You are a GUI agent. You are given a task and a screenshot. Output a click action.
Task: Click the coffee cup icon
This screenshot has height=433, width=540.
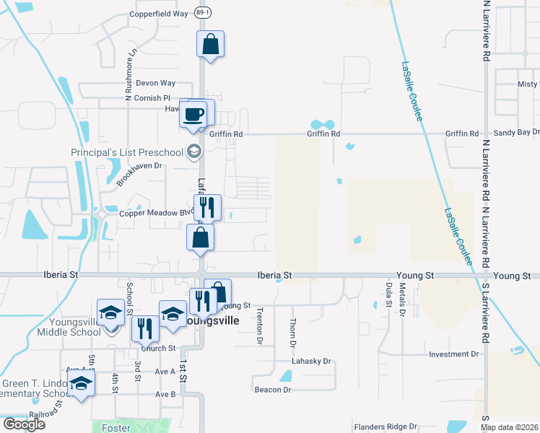tap(193, 115)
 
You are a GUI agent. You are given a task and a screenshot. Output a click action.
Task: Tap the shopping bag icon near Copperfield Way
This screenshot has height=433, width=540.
tap(210, 45)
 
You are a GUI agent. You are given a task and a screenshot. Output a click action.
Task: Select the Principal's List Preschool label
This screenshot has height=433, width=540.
tap(127, 152)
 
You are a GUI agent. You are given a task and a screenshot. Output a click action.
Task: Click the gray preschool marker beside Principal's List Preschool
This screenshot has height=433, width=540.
tap(193, 152)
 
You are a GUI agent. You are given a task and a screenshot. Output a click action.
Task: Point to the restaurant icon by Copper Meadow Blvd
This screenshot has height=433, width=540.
tap(207, 208)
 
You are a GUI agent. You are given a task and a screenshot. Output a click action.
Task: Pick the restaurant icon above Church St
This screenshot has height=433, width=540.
tap(145, 329)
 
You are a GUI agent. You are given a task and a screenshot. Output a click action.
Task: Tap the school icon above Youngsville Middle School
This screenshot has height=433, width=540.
tap(111, 312)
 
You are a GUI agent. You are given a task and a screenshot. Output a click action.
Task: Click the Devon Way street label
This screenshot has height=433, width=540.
tap(155, 84)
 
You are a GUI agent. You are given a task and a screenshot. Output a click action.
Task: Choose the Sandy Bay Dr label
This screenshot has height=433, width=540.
tap(516, 133)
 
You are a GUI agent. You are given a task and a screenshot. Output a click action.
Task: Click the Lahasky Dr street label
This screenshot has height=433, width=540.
tap(310, 361)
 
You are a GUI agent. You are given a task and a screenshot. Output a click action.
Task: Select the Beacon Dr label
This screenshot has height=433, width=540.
tap(272, 390)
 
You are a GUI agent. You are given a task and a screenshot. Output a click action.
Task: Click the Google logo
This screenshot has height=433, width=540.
tap(24, 424)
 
